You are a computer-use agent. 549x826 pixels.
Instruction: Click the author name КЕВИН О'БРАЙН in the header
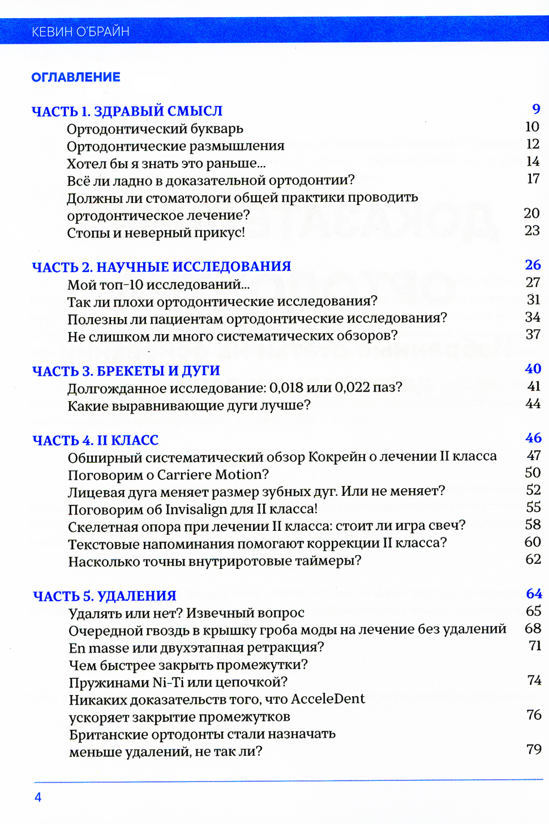pyautogui.click(x=81, y=32)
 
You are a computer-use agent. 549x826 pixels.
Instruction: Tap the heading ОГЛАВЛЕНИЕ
pyautogui.click(x=76, y=77)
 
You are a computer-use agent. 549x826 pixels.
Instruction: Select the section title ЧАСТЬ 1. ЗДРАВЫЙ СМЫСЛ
pyautogui.click(x=127, y=112)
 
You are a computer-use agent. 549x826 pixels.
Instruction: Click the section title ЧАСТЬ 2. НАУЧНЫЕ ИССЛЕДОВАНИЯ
pyautogui.click(x=161, y=267)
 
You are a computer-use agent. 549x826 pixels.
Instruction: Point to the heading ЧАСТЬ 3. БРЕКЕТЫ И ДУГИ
pyautogui.click(x=126, y=371)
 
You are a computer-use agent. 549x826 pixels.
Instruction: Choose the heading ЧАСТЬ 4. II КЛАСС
pyautogui.click(x=96, y=441)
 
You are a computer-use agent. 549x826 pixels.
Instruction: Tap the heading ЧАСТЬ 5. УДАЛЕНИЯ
pyautogui.click(x=104, y=596)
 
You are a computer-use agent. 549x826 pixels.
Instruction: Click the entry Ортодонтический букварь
pyautogui.click(x=155, y=129)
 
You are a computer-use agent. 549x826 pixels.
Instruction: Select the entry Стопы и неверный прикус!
pyautogui.click(x=156, y=233)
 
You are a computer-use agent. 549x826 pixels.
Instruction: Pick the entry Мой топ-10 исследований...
pyautogui.click(x=158, y=285)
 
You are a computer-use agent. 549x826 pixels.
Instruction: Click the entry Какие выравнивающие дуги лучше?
pyautogui.click(x=189, y=406)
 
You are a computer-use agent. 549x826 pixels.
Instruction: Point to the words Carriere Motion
pyautogui.click(x=209, y=475)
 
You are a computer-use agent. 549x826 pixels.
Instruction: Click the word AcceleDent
pyautogui.click(x=328, y=699)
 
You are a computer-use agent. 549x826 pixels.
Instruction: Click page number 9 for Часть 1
pyautogui.click(x=536, y=109)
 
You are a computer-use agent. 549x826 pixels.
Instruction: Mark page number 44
pyautogui.click(x=533, y=404)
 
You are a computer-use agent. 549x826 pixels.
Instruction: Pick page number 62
pyautogui.click(x=533, y=559)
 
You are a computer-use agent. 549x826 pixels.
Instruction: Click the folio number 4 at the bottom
pyautogui.click(x=38, y=797)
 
